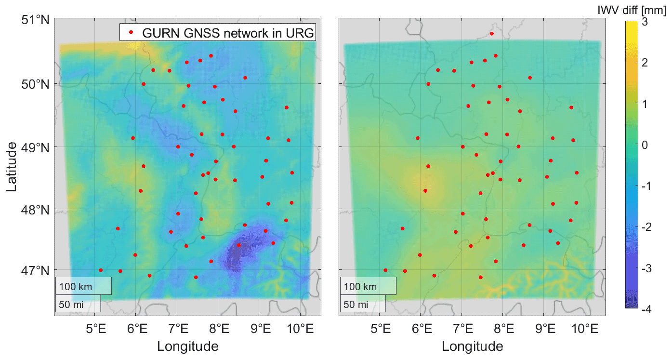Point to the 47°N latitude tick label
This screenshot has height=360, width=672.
point(35,270)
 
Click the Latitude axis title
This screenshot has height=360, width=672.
point(12,167)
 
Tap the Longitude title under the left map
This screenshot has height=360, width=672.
point(187,346)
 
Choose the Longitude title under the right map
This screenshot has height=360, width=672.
point(472,346)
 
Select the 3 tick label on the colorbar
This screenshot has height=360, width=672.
point(644,22)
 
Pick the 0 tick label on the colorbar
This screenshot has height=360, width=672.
point(644,145)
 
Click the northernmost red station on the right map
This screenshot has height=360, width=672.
point(492,34)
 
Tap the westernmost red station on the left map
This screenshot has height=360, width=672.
point(101,270)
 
